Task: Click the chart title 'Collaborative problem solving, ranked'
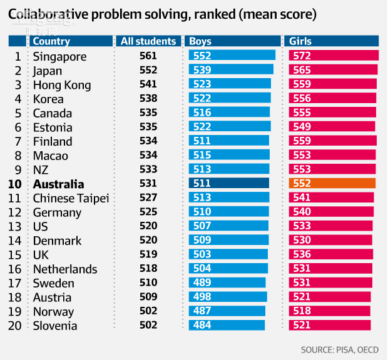[x=162, y=13]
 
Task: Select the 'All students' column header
[x=148, y=41]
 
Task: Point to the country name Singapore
[x=59, y=56]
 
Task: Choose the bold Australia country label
[x=58, y=184]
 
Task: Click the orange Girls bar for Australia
[x=332, y=183]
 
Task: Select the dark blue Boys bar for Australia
[x=228, y=183]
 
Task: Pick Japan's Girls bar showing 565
[x=334, y=70]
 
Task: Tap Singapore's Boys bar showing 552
[x=232, y=56]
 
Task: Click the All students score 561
[x=148, y=56]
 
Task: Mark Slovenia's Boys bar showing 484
[x=227, y=325]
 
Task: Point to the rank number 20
[x=15, y=326]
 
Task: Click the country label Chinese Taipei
[x=71, y=198]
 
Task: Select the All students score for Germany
[x=148, y=212]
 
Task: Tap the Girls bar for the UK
[x=331, y=254]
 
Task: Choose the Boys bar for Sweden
[x=227, y=282]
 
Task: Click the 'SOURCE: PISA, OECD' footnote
[x=339, y=349]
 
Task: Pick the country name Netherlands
[x=65, y=269]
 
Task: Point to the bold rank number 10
[x=15, y=184]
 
